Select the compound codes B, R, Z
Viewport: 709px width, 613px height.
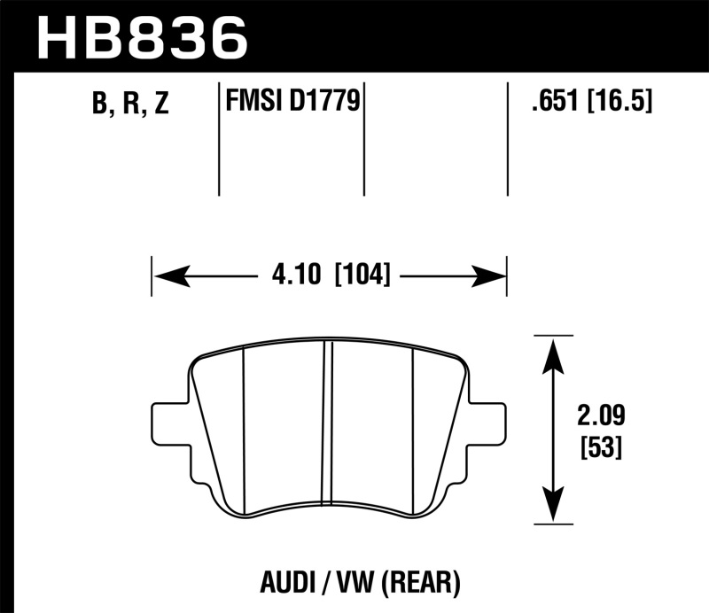click(129, 105)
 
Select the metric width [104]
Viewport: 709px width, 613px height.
click(362, 275)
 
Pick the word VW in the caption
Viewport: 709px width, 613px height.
click(353, 583)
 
